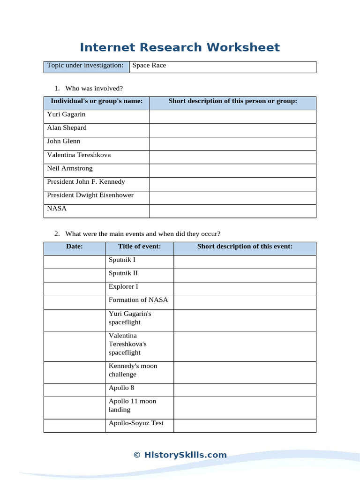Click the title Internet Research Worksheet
pos(180,47)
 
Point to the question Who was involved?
pos(94,89)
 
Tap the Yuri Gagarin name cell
pos(66,114)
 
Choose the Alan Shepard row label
pos(67,128)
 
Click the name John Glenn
pos(63,141)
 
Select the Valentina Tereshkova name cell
pos(79,155)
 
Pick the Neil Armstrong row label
pos(70,168)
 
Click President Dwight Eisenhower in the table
pos(90,195)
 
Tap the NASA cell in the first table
pos(57,209)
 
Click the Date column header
pos(74,247)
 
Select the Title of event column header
pos(139,247)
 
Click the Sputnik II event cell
pos(123,273)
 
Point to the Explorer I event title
pos(123,286)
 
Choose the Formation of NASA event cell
pos(138,300)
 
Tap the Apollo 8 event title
pos(121,388)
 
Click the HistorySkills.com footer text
pos(180,455)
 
